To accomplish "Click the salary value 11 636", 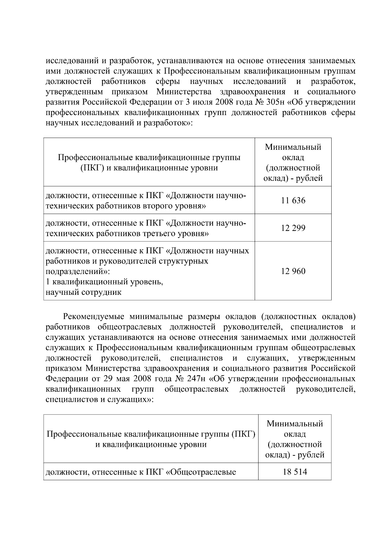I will pos(293,201).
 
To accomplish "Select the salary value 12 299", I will pos(293,228).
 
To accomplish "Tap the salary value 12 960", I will pos(293,271).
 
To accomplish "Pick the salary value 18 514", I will pos(295,472).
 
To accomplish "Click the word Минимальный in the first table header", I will pos(293,147).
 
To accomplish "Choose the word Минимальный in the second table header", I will pos(295,424).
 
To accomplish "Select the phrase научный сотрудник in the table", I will pos(84,292).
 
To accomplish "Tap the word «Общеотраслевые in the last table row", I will pos(201,472).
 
